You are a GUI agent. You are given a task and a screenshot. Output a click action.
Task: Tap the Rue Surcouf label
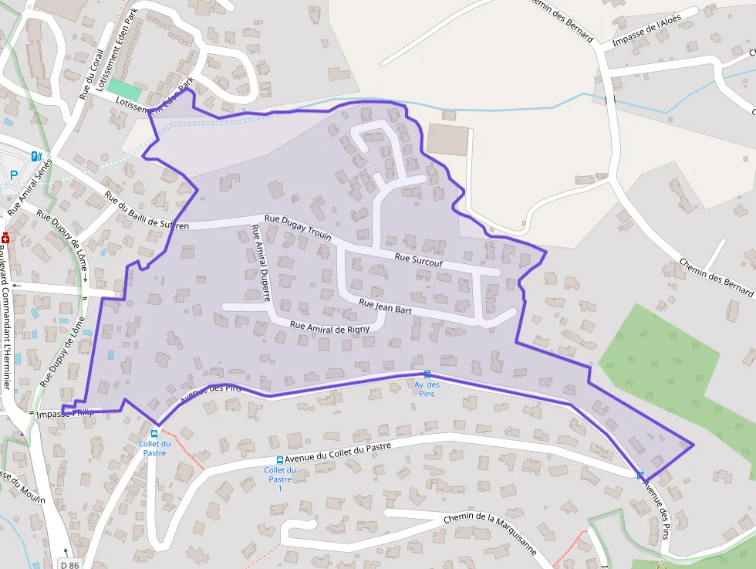pyautogui.click(x=417, y=259)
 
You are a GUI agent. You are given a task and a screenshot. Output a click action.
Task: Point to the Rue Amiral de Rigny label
pyautogui.click(x=329, y=327)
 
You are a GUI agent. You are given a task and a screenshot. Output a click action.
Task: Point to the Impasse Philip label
pyautogui.click(x=65, y=414)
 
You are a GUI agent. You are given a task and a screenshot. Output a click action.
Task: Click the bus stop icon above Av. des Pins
pyautogui.click(x=427, y=374)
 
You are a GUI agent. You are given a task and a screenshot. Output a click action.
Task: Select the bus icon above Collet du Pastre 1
pyautogui.click(x=279, y=460)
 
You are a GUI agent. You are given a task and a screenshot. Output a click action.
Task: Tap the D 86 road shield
pyautogui.click(x=69, y=564)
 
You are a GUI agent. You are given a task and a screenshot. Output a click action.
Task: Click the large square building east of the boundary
pyautogui.click(x=447, y=139)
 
